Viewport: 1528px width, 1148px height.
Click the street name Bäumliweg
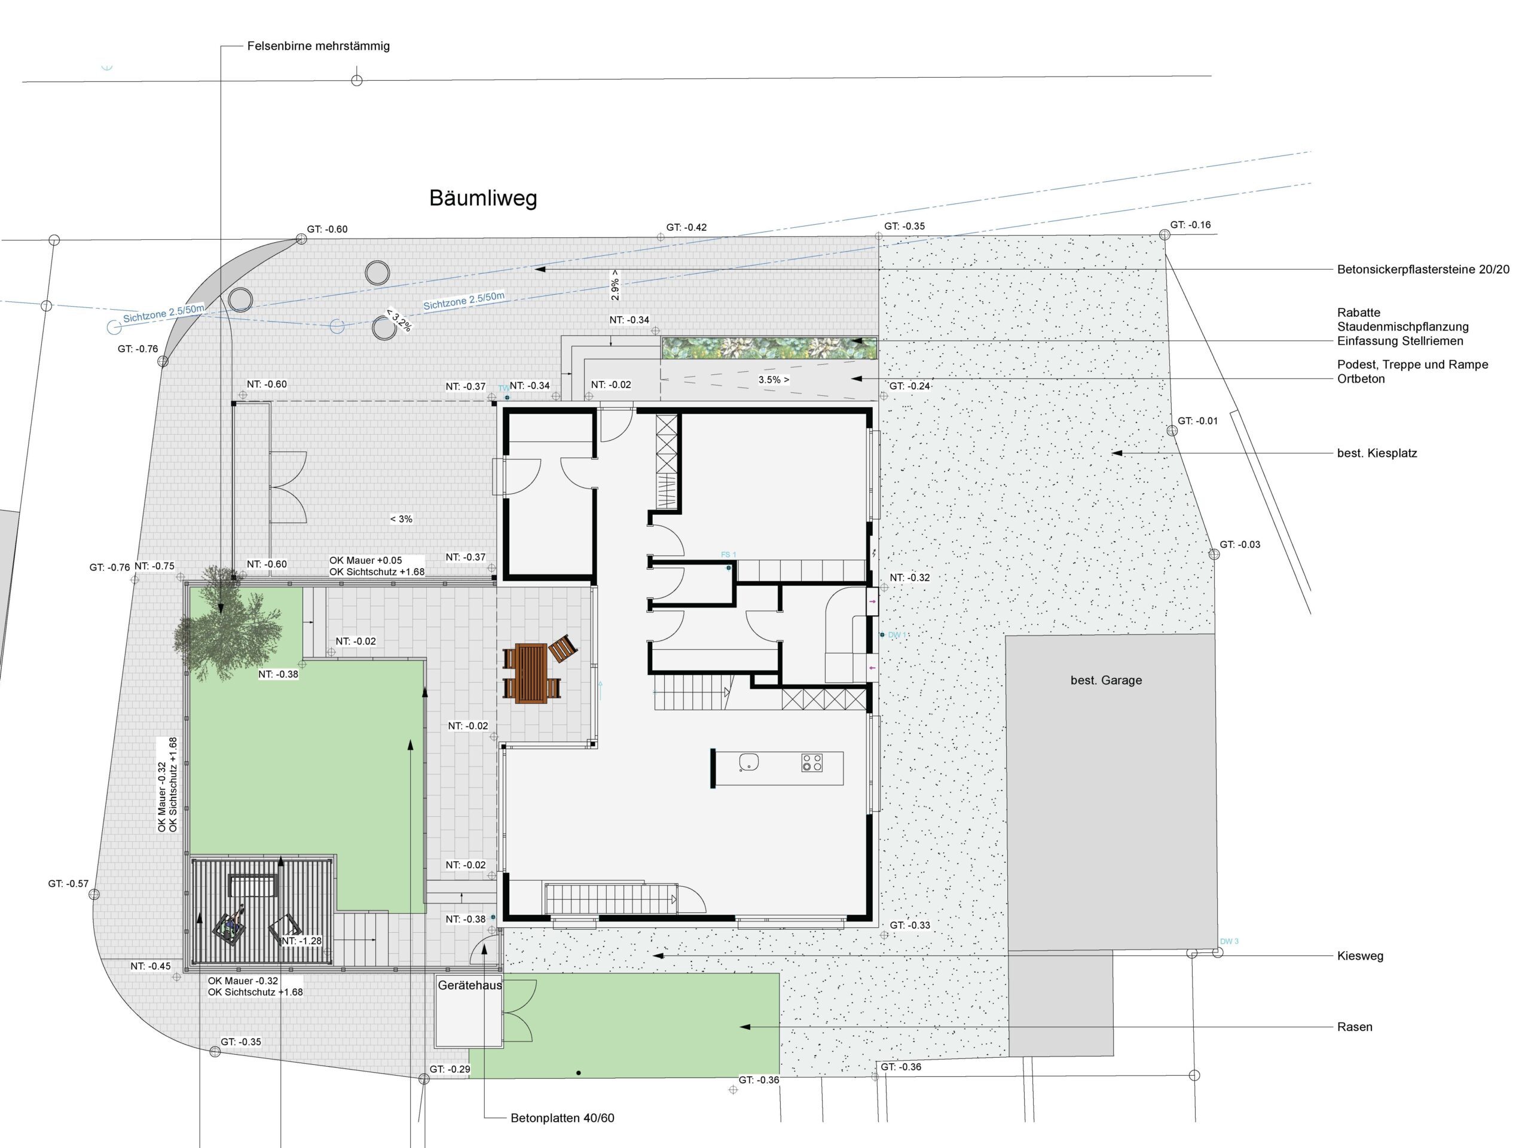pos(483,199)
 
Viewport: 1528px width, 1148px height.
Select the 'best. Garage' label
pos(1106,680)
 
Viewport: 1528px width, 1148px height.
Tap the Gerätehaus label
pos(470,986)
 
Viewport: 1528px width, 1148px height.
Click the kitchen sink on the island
pos(749,762)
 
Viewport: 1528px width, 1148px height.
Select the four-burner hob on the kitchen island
pos(812,762)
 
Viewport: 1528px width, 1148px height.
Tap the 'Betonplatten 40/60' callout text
pos(563,1118)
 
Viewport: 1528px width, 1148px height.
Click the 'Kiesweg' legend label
pos(1360,957)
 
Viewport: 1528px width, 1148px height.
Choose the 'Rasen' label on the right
pos(1355,1027)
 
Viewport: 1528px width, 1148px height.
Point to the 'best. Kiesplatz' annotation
pos(1377,454)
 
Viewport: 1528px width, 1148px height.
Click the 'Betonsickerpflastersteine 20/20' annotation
pos(1423,270)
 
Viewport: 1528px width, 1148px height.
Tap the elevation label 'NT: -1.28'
pos(302,941)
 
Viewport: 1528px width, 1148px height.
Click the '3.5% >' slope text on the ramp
pos(774,380)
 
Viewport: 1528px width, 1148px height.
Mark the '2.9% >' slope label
pos(615,285)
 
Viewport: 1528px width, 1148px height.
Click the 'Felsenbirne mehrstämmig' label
pos(319,46)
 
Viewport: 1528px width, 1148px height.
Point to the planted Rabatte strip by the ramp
pos(769,348)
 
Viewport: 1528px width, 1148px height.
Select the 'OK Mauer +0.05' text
pos(365,561)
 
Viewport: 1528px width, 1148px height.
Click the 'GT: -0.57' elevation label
pos(68,884)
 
